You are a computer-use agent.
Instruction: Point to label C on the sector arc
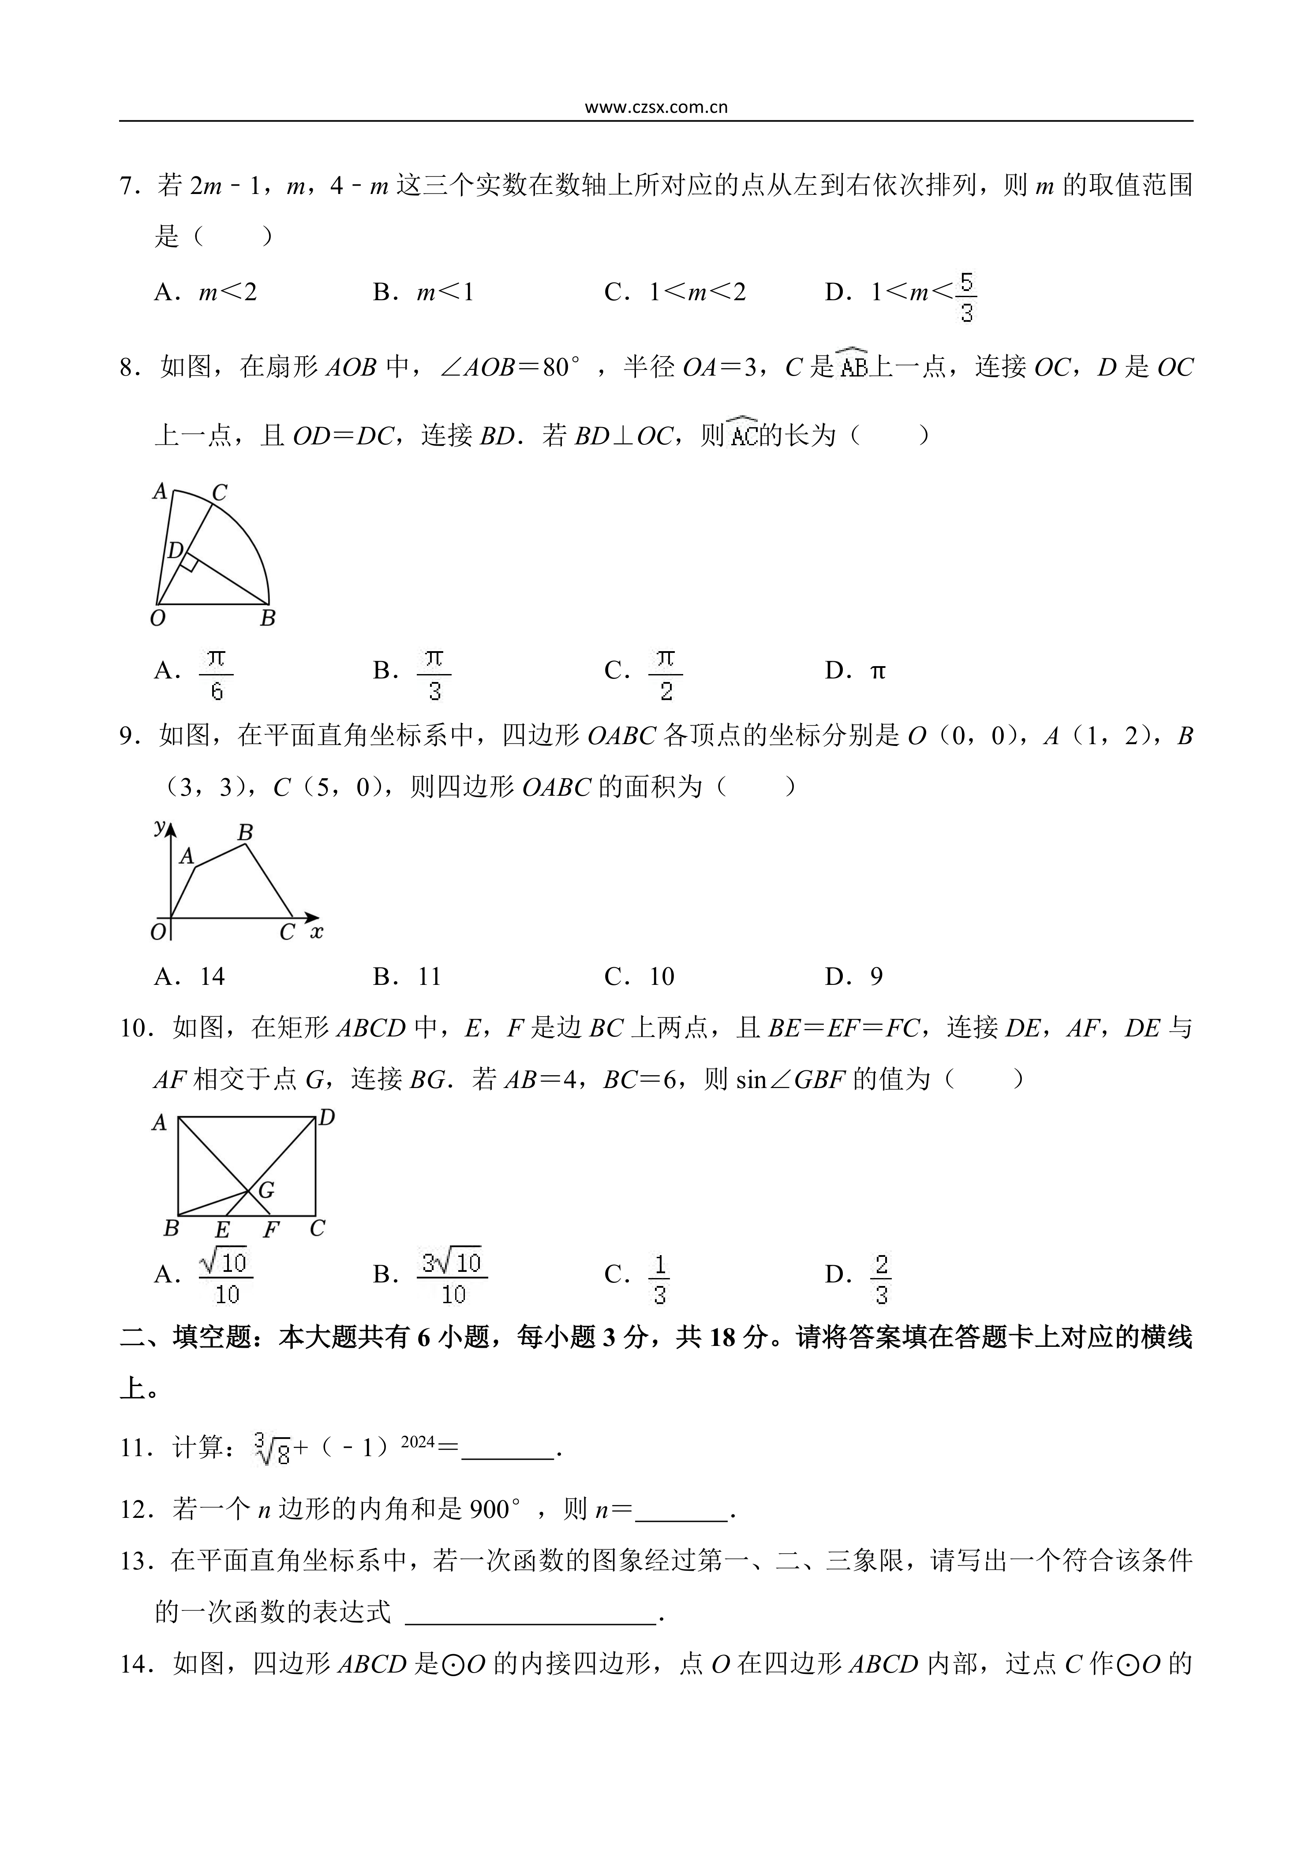(x=219, y=492)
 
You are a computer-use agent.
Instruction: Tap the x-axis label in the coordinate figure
(x=317, y=932)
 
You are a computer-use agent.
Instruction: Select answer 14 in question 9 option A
(x=212, y=976)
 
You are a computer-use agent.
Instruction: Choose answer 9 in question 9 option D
(x=876, y=976)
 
